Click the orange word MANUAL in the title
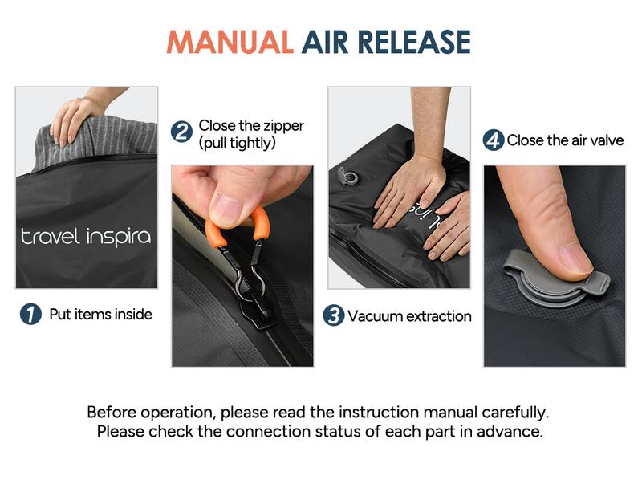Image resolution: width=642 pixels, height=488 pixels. (230, 42)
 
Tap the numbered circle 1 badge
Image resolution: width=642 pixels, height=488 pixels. (30, 315)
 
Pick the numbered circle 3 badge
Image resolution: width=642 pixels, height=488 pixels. (334, 315)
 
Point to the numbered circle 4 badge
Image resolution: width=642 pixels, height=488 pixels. (493, 140)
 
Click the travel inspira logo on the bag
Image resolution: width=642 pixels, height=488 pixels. (85, 237)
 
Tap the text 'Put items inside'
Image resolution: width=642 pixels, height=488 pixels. (100, 315)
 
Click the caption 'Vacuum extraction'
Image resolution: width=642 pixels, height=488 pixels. (409, 315)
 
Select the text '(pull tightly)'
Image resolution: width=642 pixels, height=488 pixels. (237, 144)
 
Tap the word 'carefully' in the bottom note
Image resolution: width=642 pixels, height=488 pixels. (514, 413)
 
